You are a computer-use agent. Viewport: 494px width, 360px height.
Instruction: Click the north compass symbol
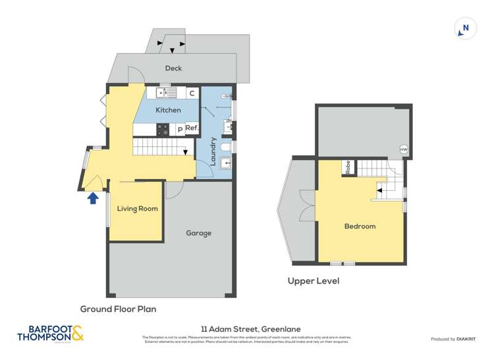[x=465, y=28]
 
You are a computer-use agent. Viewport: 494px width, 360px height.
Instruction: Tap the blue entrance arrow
[x=93, y=196]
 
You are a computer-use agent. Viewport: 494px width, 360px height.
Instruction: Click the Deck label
[x=173, y=68]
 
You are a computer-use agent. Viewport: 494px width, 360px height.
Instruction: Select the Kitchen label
[x=168, y=110]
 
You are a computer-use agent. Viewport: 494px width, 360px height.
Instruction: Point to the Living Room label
[x=138, y=209]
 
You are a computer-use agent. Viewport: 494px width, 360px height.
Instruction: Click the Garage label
[x=198, y=233]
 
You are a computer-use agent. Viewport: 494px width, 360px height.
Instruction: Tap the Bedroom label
[x=360, y=226]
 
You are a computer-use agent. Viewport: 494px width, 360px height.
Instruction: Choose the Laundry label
[x=213, y=149]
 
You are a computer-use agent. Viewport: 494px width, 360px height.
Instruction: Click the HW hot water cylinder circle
[x=403, y=149]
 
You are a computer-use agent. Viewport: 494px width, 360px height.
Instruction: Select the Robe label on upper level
[x=347, y=168]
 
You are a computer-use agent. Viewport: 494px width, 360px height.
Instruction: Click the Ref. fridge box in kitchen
[x=191, y=128]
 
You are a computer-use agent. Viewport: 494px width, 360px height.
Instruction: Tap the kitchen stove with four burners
[x=162, y=129]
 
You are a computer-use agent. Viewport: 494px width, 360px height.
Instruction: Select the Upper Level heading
[x=313, y=281]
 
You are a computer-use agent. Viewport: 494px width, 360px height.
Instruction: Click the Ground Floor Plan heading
[x=118, y=308]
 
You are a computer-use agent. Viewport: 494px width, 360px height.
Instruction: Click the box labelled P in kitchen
[x=179, y=130]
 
